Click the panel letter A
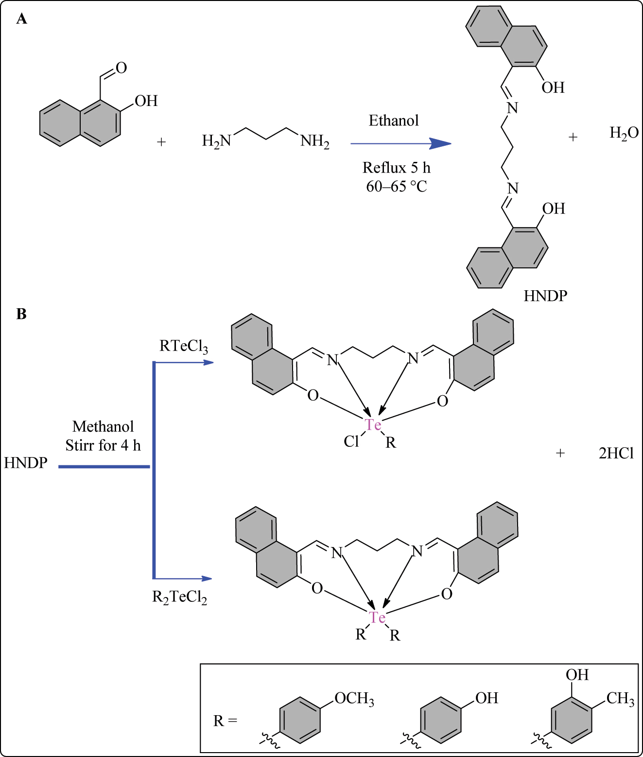tap(21, 19)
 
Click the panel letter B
tap(21, 314)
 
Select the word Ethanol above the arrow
tap(393, 121)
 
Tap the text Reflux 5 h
tap(396, 168)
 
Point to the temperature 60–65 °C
tap(396, 186)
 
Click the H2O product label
tap(624, 133)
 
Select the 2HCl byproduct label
tap(616, 453)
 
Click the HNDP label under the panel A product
tap(545, 296)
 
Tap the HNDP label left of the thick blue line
tap(26, 463)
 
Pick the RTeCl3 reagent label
tap(183, 347)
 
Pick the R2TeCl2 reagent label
tap(179, 597)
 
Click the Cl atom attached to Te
tap(351, 441)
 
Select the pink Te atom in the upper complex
tap(373, 425)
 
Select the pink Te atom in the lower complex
tap(377, 617)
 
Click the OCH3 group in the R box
tap(354, 699)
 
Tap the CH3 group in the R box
tap(620, 699)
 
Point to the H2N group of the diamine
tap(216, 141)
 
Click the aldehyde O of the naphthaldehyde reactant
tap(121, 68)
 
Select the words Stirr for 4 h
tap(103, 445)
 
